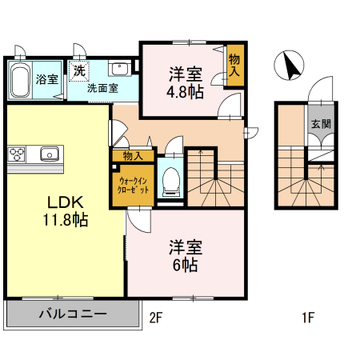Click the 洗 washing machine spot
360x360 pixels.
(x=79, y=70)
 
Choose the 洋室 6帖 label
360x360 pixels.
(x=184, y=254)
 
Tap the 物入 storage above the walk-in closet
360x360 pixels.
(x=133, y=155)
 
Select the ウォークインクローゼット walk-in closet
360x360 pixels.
(x=132, y=184)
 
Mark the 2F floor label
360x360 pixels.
(x=156, y=318)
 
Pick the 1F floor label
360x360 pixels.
(x=306, y=318)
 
